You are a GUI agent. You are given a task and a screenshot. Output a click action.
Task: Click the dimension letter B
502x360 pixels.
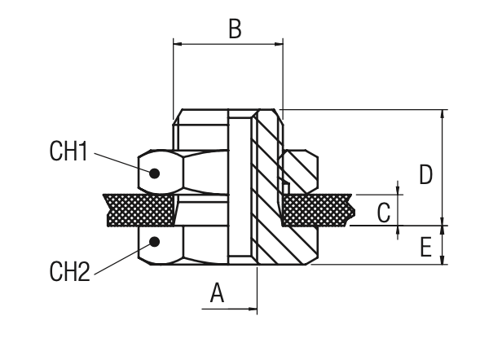pos(235,29)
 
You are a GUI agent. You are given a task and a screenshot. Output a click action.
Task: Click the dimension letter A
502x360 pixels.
pos(217,292)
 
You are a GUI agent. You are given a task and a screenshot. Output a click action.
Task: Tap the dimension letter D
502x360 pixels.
pos(425,173)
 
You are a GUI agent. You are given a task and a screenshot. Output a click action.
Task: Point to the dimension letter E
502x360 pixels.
pos(425,246)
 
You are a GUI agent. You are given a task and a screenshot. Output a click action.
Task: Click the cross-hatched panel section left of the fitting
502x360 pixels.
pos(139,210)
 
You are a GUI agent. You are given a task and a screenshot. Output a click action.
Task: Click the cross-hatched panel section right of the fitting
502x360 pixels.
pos(318,210)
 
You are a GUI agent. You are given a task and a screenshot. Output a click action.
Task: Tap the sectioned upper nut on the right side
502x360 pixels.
pos(300,167)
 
